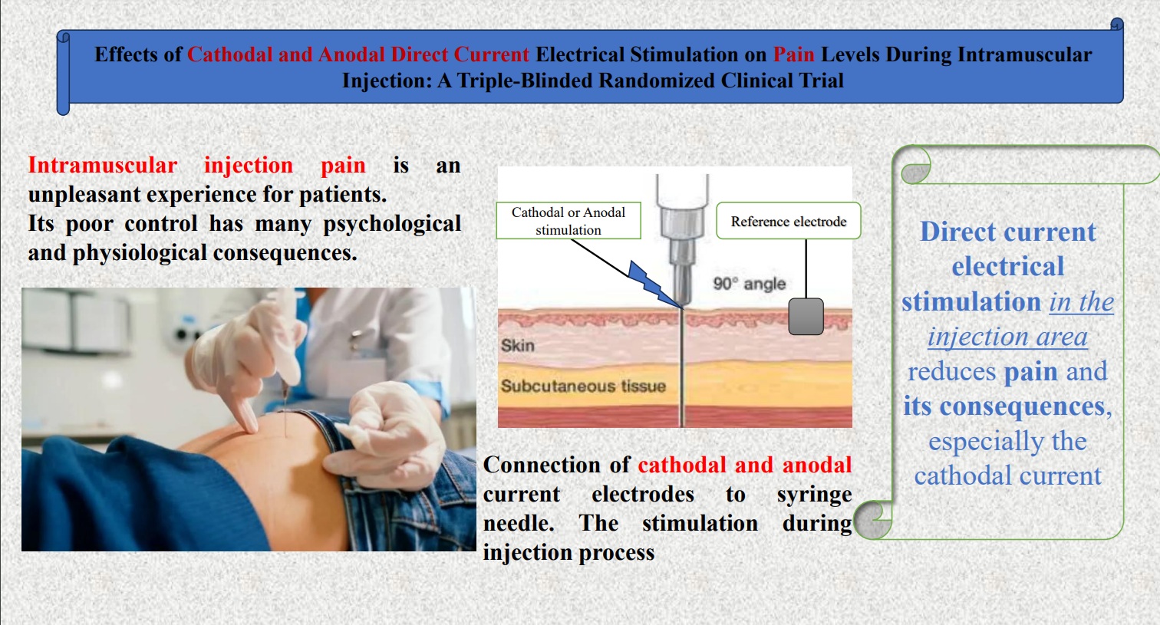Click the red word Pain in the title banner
click(x=793, y=54)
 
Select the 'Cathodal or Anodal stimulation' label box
click(x=568, y=221)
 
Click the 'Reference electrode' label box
click(x=788, y=221)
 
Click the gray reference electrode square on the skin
click(x=806, y=317)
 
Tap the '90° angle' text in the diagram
click(x=749, y=284)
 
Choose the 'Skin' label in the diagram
click(x=517, y=345)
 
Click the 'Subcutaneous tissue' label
click(x=583, y=387)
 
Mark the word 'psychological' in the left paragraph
click(x=392, y=225)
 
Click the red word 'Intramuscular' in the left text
click(x=103, y=165)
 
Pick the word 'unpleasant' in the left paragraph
click(x=84, y=196)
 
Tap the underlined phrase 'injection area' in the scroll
click(x=1007, y=337)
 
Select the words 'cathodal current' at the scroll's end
click(x=1008, y=475)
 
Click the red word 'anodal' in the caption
click(x=816, y=465)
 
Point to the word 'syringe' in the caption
click(x=814, y=495)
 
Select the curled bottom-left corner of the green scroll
click(x=873, y=520)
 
